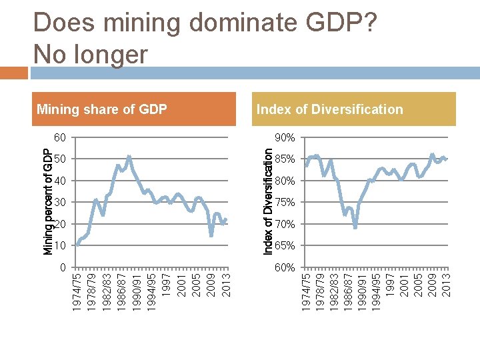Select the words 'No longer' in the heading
pos(90,54)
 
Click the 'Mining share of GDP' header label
pos(102,109)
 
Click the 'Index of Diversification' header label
pos(329,109)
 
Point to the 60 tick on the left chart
pos(60,137)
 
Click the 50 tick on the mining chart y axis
pos(60,159)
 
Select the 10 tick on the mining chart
pos(60,246)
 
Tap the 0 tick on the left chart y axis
pos(63,267)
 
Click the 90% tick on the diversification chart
pos(285,137)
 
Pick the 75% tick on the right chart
pos(285,203)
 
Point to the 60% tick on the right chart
pos(285,267)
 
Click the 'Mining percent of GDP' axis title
pos(48,202)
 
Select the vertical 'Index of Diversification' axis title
pos(267,201)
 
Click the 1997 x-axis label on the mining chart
pos(167,283)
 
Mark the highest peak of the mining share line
pos(129,157)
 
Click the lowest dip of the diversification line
pos(355,227)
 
